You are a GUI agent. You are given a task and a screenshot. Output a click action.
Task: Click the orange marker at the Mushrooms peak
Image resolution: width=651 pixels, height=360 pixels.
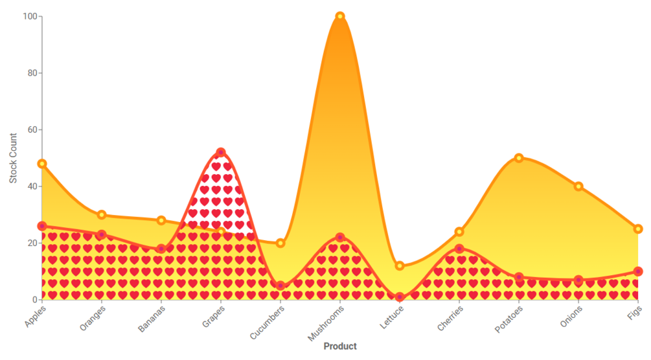(340, 16)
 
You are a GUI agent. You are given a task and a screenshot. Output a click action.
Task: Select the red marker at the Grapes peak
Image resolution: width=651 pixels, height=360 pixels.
(221, 153)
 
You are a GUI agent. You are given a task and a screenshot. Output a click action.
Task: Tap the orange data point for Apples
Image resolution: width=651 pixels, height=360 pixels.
(42, 164)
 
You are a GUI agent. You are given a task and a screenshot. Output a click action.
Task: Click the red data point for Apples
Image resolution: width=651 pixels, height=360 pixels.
(42, 226)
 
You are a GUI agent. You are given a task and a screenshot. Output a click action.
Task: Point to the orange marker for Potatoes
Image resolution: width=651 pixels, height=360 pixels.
(519, 158)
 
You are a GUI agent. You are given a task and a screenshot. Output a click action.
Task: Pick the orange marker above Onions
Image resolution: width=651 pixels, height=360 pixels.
(578, 186)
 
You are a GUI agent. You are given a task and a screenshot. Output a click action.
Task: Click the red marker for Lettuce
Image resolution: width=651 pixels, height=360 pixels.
(400, 297)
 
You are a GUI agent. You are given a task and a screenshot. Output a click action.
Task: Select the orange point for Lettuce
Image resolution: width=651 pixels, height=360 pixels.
(400, 266)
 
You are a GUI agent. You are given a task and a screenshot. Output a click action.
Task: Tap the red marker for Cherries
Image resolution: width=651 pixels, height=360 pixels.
(459, 249)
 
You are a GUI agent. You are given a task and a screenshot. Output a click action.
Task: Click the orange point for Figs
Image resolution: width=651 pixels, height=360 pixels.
(638, 229)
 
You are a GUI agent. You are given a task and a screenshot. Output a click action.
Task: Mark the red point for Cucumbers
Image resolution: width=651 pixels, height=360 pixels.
(280, 286)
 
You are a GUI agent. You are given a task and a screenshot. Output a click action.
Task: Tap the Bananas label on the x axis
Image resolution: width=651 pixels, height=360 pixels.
(153, 318)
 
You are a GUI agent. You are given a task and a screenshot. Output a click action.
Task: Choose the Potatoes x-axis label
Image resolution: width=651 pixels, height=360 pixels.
(508, 319)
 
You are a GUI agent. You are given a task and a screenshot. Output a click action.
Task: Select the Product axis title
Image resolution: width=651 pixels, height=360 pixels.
(340, 346)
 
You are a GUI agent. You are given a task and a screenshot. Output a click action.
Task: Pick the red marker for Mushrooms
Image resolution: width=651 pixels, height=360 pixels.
(340, 238)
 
